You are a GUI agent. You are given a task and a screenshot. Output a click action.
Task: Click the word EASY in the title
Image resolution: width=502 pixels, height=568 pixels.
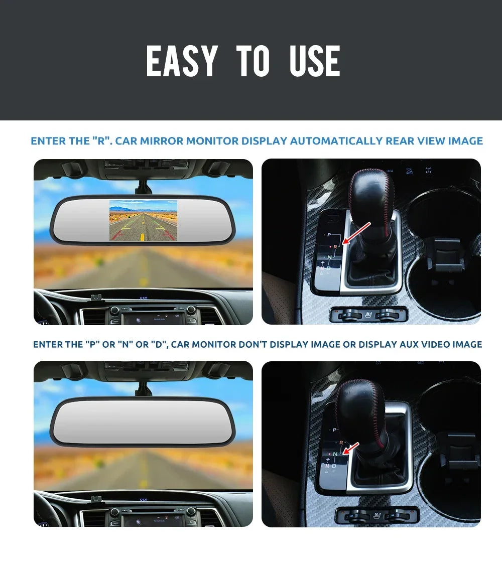182,61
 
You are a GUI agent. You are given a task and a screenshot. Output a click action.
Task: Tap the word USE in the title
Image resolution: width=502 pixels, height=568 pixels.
315,61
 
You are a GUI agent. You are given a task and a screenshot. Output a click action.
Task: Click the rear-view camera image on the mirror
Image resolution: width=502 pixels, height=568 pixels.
143,220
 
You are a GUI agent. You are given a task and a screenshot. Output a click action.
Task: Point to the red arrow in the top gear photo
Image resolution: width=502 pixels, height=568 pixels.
356,233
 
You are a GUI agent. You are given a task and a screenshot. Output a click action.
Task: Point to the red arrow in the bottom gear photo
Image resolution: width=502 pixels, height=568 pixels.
351,448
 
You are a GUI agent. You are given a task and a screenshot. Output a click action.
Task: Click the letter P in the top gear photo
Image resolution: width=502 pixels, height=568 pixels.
329,235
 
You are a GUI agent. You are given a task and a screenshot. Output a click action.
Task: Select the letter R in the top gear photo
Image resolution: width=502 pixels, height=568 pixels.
335,247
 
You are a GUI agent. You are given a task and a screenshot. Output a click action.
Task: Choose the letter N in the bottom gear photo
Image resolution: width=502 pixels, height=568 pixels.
335,454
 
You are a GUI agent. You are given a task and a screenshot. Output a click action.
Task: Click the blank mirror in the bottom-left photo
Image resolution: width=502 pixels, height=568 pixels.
143,422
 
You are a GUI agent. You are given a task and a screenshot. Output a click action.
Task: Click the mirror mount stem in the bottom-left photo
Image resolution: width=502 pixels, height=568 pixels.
143,389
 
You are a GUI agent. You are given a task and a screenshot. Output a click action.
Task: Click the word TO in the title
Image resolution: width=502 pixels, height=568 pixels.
253,61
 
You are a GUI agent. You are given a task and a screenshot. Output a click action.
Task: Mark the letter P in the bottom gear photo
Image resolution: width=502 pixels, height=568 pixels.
334,430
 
